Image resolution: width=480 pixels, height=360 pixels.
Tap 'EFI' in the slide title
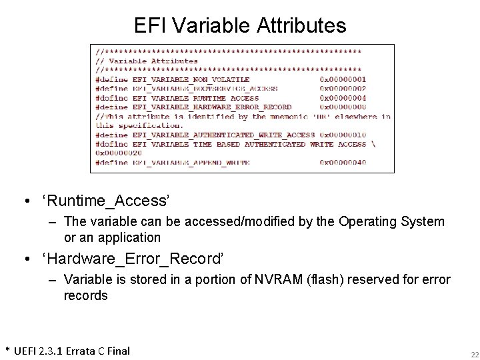[x=147, y=25]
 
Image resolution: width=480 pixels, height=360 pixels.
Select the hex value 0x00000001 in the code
[x=343, y=79]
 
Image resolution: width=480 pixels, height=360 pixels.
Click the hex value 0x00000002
[x=343, y=88]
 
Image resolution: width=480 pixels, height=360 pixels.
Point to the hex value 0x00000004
[x=343, y=97]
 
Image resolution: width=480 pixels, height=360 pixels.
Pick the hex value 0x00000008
[x=343, y=107]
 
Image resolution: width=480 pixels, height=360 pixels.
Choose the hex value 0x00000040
[x=343, y=162]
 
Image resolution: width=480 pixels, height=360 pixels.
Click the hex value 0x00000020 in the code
[x=119, y=153]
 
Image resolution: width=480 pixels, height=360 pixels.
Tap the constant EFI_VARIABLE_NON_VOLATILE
[x=179, y=79]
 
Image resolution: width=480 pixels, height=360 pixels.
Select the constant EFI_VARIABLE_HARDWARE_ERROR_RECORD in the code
[x=212, y=107]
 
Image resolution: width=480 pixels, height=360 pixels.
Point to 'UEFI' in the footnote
[x=27, y=351]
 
